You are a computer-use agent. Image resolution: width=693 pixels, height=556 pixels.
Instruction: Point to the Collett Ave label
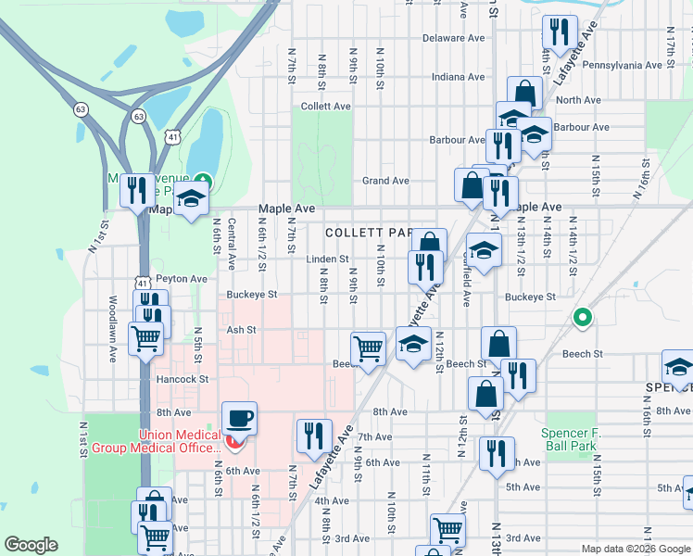326,107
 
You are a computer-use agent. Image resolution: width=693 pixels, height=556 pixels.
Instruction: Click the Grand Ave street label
385,181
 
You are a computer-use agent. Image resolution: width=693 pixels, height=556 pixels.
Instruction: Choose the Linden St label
328,259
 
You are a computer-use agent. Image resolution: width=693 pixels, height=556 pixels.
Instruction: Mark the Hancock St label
181,379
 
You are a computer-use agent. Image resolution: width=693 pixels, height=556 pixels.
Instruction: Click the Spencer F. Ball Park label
578,439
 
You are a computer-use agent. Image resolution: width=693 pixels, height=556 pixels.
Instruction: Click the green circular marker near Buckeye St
582,318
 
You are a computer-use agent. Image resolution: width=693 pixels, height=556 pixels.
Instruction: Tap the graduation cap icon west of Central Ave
192,200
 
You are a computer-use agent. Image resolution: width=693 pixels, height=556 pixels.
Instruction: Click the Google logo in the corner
31,545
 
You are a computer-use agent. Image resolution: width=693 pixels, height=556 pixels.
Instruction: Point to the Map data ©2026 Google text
635,549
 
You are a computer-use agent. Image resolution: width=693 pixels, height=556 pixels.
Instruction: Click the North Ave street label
579,100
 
